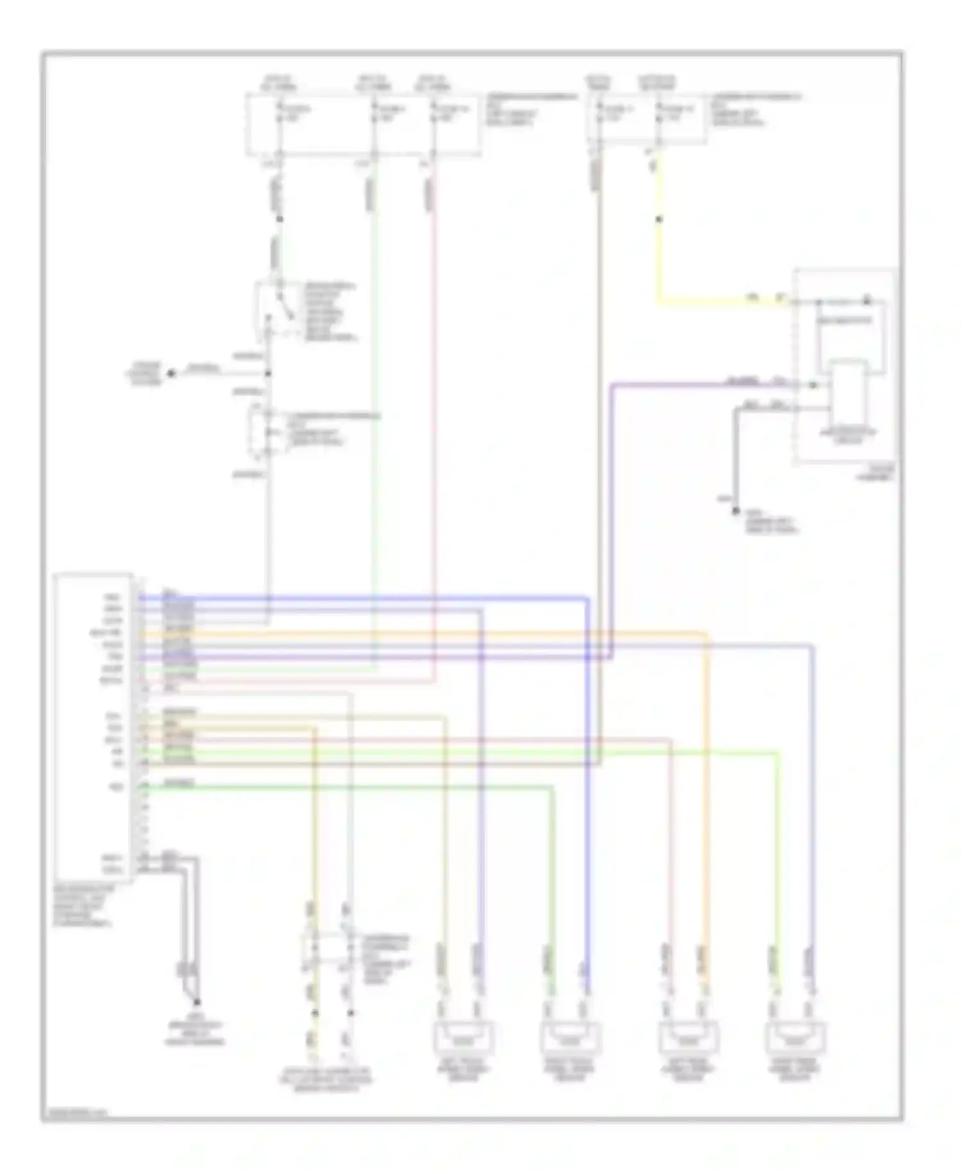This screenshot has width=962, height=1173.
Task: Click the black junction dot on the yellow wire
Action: click(x=659, y=219)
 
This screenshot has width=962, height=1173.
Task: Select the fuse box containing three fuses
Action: click(x=363, y=124)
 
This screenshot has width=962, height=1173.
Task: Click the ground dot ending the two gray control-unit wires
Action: click(x=197, y=1002)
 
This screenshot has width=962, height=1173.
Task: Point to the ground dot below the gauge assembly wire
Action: click(x=736, y=511)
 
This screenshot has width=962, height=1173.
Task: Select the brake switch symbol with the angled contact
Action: click(x=276, y=311)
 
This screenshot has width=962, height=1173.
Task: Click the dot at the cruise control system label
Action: click(x=171, y=373)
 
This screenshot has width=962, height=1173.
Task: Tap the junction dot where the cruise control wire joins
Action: click(x=268, y=373)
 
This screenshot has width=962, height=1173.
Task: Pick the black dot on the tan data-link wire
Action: click(x=315, y=1013)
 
